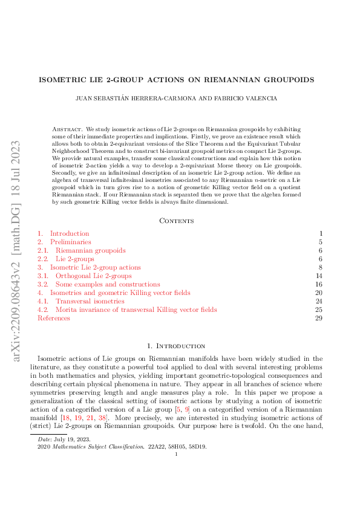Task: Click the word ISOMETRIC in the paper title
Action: pyautogui.click(x=62, y=80)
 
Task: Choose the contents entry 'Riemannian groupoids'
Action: pyautogui.click(x=90, y=250)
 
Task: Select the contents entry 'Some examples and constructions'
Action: pyautogui.click(x=108, y=284)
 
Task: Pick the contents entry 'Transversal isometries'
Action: pyautogui.click(x=90, y=301)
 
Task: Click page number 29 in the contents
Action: pyautogui.click(x=319, y=318)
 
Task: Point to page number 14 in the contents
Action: pyautogui.click(x=319, y=276)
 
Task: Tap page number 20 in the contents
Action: pyautogui.click(x=319, y=293)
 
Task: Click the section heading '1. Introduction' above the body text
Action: pyautogui.click(x=180, y=346)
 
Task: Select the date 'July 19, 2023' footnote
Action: pyautogui.click(x=63, y=474)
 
